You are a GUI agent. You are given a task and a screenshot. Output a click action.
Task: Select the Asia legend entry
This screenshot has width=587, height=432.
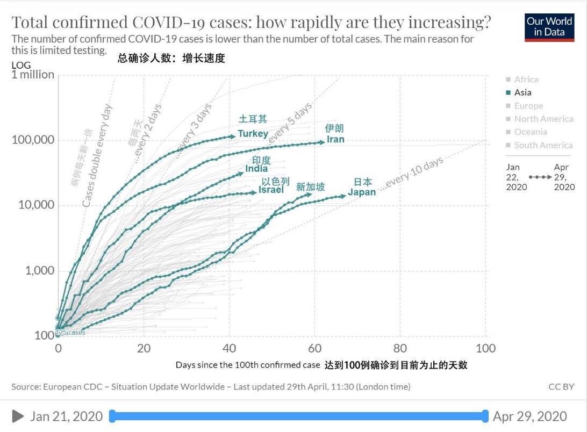coord(522,92)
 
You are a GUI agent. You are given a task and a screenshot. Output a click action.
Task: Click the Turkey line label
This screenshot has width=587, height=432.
coord(253,133)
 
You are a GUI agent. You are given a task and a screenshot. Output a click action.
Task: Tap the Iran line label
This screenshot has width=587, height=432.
coord(335,140)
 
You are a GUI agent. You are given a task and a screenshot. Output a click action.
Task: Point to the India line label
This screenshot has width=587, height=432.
coord(256,169)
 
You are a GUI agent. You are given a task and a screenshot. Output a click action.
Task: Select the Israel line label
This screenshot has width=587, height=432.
coord(271,190)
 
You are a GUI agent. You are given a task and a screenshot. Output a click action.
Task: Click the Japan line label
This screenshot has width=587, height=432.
coord(362,192)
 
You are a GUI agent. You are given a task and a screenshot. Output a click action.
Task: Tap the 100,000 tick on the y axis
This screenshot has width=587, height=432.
coord(33,140)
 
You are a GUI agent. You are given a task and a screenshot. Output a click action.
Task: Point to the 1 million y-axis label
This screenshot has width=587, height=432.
coord(33,75)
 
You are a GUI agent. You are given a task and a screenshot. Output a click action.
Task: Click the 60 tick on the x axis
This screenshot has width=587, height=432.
coord(314,348)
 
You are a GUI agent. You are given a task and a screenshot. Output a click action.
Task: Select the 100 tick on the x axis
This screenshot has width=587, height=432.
coord(485,348)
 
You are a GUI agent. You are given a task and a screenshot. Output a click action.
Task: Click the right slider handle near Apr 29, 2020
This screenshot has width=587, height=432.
coord(485,416)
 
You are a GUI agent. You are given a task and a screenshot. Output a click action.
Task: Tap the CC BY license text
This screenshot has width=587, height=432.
coord(561,386)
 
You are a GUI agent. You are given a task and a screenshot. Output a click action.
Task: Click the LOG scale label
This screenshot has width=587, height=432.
coord(21,65)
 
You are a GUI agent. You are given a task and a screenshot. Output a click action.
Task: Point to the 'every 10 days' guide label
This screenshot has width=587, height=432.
coord(414,172)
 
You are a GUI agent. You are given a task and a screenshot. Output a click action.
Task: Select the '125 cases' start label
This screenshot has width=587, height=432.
coord(71,333)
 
